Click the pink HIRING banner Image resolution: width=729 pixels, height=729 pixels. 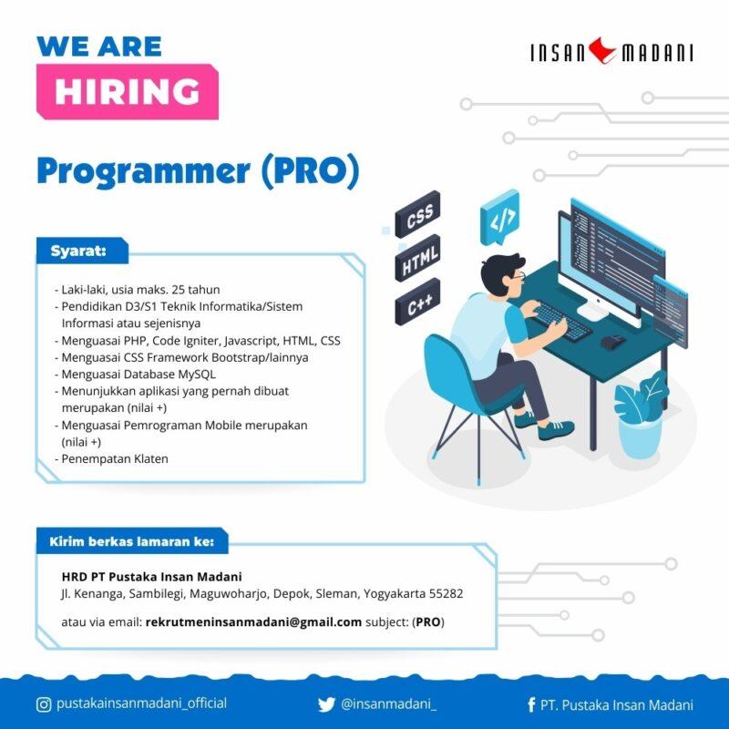click(x=127, y=91)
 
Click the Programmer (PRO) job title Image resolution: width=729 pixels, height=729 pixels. click(x=198, y=171)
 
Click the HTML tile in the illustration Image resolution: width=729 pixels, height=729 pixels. click(x=418, y=261)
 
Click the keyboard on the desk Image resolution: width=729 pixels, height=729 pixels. click(x=561, y=320)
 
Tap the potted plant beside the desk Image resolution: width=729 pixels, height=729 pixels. click(x=641, y=416)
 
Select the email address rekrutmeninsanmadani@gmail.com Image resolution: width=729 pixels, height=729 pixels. click(x=253, y=622)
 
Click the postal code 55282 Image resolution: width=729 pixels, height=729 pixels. click(x=447, y=593)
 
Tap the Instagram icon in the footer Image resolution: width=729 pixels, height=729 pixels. click(x=44, y=703)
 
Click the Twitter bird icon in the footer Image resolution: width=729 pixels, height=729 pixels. click(x=326, y=704)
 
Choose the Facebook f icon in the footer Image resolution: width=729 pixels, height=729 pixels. click(x=531, y=704)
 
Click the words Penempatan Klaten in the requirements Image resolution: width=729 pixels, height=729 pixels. click(x=115, y=458)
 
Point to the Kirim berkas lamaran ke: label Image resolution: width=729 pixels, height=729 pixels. click(x=131, y=541)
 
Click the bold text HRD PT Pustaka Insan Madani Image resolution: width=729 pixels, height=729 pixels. click(x=151, y=576)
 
